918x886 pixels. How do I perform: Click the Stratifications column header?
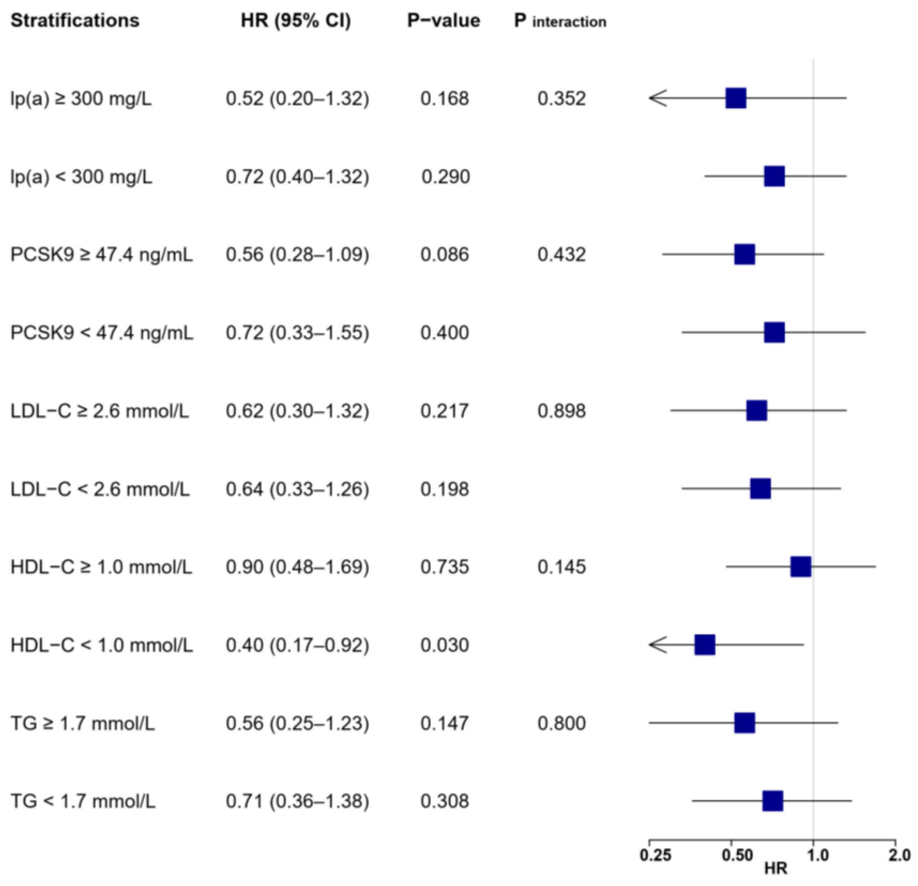[x=75, y=21]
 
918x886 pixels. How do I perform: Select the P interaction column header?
[x=560, y=21]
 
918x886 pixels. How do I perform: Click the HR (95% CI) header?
[x=295, y=21]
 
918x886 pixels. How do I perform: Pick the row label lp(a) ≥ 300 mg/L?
[x=81, y=98]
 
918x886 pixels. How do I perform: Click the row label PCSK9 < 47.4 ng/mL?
[x=102, y=333]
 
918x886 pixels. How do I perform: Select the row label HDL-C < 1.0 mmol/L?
[x=102, y=645]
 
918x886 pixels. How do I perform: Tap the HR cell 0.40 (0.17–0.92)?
[x=297, y=645]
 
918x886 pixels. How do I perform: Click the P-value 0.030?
[x=444, y=645]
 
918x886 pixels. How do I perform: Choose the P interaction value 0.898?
[x=561, y=411]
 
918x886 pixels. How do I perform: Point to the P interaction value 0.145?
[x=561, y=567]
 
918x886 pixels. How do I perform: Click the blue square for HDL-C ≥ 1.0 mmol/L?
[x=800, y=567]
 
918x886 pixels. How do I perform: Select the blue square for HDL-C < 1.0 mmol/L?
[x=705, y=645]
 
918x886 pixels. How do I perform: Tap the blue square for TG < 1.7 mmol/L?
[x=772, y=801]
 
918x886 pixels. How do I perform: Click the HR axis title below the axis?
[x=775, y=869]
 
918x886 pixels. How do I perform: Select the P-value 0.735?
[x=444, y=567]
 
